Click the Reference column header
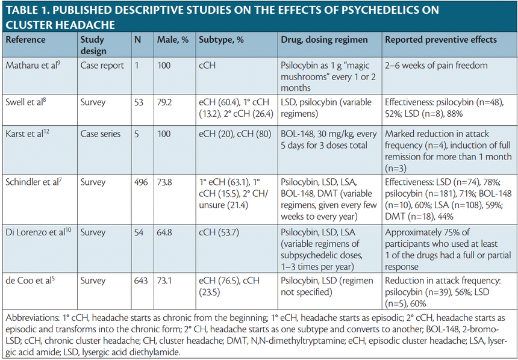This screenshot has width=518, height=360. coord(26,40)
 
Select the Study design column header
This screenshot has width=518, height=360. coord(93,45)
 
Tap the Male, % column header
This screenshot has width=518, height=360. coord(173,40)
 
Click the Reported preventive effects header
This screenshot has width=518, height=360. coord(441,40)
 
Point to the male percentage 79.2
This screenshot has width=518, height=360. coord(164,102)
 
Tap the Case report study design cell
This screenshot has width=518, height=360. coord(102,65)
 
